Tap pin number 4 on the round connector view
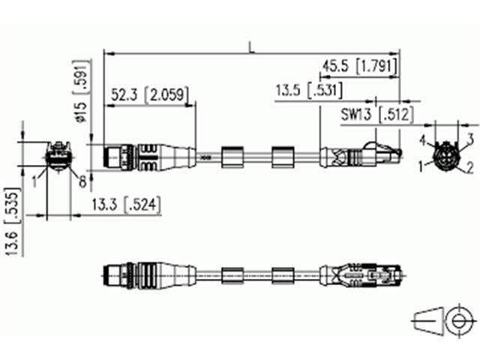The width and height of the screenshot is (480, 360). (423, 139)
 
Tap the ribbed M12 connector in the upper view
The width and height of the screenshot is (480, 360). (135, 157)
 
